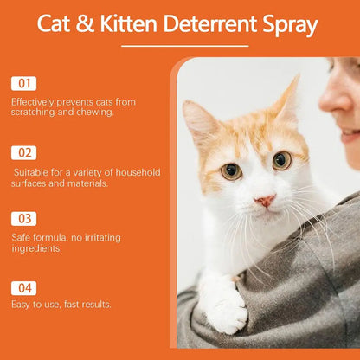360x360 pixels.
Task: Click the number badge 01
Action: (x=23, y=84)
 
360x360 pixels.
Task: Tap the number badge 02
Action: (x=23, y=153)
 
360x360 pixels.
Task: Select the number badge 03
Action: (x=23, y=219)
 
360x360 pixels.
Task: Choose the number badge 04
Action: (x=23, y=287)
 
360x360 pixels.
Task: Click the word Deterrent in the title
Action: (x=209, y=24)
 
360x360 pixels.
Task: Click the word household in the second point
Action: (x=138, y=172)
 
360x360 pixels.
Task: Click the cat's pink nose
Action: (x=266, y=201)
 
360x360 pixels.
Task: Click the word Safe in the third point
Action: (x=21, y=236)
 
